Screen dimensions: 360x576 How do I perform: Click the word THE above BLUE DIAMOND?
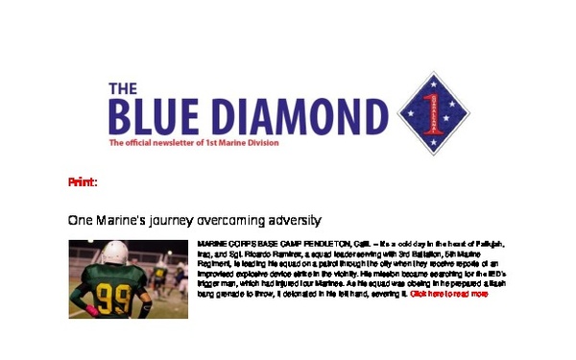[123, 88]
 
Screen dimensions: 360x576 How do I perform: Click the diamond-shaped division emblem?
[432, 113]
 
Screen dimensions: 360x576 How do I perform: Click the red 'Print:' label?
[83, 181]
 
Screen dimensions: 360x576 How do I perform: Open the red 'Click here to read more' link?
[449, 294]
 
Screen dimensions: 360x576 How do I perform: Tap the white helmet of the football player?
[114, 252]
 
